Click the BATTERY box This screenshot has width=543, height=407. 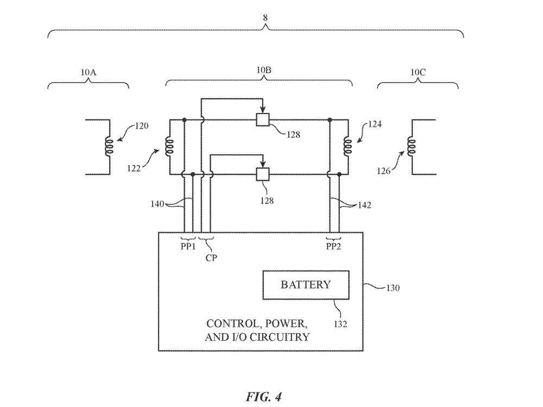[x=305, y=285]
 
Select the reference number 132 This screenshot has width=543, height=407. [x=340, y=324]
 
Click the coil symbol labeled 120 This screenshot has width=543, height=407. [x=109, y=146]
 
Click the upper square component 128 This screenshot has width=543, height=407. [x=263, y=119]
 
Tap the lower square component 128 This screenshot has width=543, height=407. [x=263, y=174]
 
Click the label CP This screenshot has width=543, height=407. [x=211, y=258]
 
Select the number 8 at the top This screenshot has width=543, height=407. [x=266, y=17]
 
